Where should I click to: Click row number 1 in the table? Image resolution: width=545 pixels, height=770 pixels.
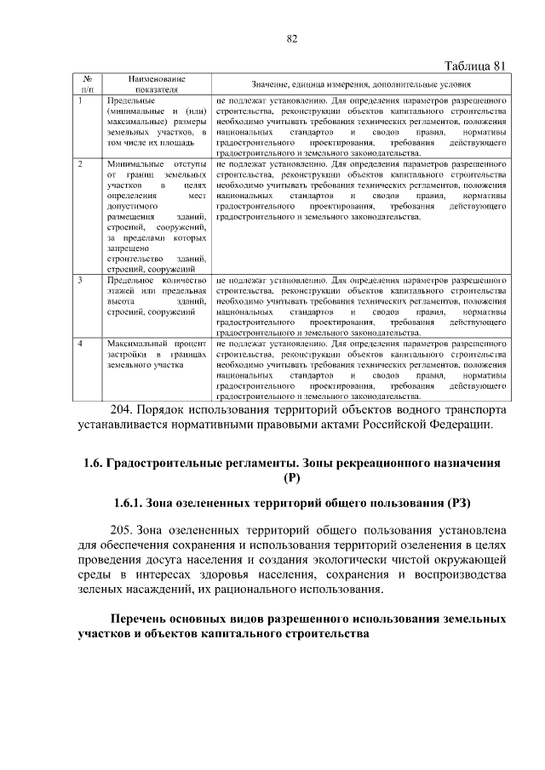pyautogui.click(x=79, y=100)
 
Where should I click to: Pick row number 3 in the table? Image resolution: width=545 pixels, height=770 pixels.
pyautogui.click(x=79, y=280)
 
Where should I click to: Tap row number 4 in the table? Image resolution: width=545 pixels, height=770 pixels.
pyautogui.click(x=79, y=343)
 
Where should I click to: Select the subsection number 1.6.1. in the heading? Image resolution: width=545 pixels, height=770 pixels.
pyautogui.click(x=133, y=503)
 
